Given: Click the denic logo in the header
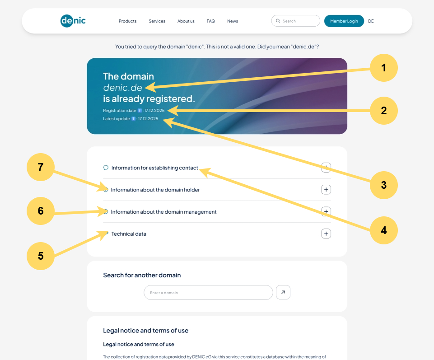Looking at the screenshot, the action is [73, 21].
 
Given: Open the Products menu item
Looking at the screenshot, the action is [128, 21].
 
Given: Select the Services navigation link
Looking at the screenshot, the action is [157, 21].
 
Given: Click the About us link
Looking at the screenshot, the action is [186, 21].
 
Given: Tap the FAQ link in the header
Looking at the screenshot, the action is [211, 21].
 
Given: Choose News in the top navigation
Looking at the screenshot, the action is [233, 21].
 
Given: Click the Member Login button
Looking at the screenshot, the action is [344, 21].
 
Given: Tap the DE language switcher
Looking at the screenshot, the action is [371, 21].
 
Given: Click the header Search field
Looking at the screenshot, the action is [296, 21].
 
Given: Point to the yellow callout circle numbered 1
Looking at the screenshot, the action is [383, 68].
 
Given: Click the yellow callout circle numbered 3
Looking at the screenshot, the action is [383, 185].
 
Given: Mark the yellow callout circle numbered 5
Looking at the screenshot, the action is [41, 256].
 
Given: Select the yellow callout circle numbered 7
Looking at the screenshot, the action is [41, 167].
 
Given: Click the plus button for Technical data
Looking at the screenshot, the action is [326, 234].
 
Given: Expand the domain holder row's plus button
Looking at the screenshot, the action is [326, 190].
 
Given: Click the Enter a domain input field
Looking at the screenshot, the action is [209, 292].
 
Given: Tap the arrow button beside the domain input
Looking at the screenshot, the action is [283, 292].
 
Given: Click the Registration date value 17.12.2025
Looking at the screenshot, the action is [154, 111].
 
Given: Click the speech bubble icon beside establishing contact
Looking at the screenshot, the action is [106, 168].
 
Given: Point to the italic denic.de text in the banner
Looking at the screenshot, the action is [123, 88].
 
